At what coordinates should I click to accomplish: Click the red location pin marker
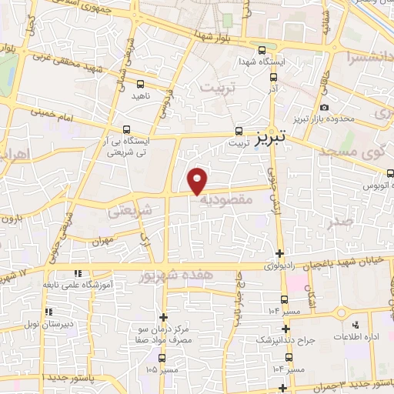[x=198, y=180]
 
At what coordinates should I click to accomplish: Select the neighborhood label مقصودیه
[x=227, y=199]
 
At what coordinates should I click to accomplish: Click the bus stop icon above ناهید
[x=140, y=84]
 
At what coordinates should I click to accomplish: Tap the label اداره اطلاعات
[x=353, y=338]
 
